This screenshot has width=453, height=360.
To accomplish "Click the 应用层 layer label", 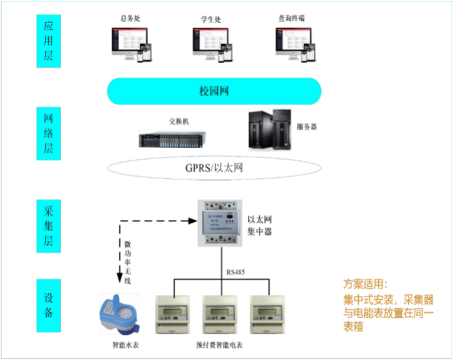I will (x=48, y=41).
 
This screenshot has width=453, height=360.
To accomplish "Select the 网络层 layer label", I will (x=48, y=133).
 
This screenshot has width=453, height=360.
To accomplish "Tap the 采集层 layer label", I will (x=48, y=226).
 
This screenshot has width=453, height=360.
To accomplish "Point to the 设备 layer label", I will (x=48, y=305).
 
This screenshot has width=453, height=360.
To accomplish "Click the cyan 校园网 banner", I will (x=214, y=91).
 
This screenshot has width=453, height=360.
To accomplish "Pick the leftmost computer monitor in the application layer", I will (x=131, y=43).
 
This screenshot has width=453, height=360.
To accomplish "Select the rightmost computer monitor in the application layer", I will (x=295, y=43).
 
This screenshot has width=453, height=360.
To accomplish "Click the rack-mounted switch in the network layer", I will (x=172, y=138).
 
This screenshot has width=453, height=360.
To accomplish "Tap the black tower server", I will (x=269, y=129).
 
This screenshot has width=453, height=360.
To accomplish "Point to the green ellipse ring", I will (x=214, y=179).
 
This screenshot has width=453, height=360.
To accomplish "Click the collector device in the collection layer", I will (x=220, y=223).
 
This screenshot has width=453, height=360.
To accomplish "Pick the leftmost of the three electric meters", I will (x=172, y=314).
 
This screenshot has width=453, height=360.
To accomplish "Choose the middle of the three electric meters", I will (x=219, y=314).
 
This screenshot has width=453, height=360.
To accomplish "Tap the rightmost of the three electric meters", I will (x=267, y=314).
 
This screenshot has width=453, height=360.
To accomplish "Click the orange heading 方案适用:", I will (x=366, y=284).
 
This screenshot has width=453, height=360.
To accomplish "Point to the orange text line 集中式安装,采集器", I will (x=388, y=299).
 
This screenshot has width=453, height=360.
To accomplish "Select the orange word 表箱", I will (x=353, y=328).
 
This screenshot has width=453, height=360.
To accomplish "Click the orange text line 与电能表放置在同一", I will (x=388, y=313).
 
